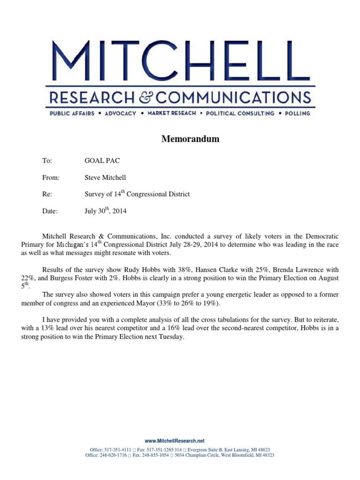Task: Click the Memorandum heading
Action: (190, 139)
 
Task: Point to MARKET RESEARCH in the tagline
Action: (172, 113)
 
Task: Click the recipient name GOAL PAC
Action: (102, 160)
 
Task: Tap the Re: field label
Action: (47, 194)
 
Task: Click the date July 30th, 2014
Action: (105, 211)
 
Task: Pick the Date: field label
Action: (50, 211)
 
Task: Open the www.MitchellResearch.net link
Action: (175, 441)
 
